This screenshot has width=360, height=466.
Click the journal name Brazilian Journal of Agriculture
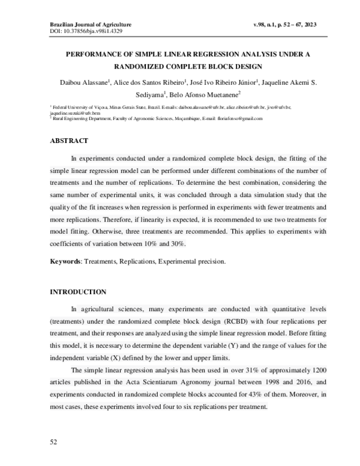[90, 24]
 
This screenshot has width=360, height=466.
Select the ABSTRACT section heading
[68, 141]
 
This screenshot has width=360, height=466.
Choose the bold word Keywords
[65, 262]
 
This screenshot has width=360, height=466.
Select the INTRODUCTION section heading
[77, 292]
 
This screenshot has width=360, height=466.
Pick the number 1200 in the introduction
[317, 370]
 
